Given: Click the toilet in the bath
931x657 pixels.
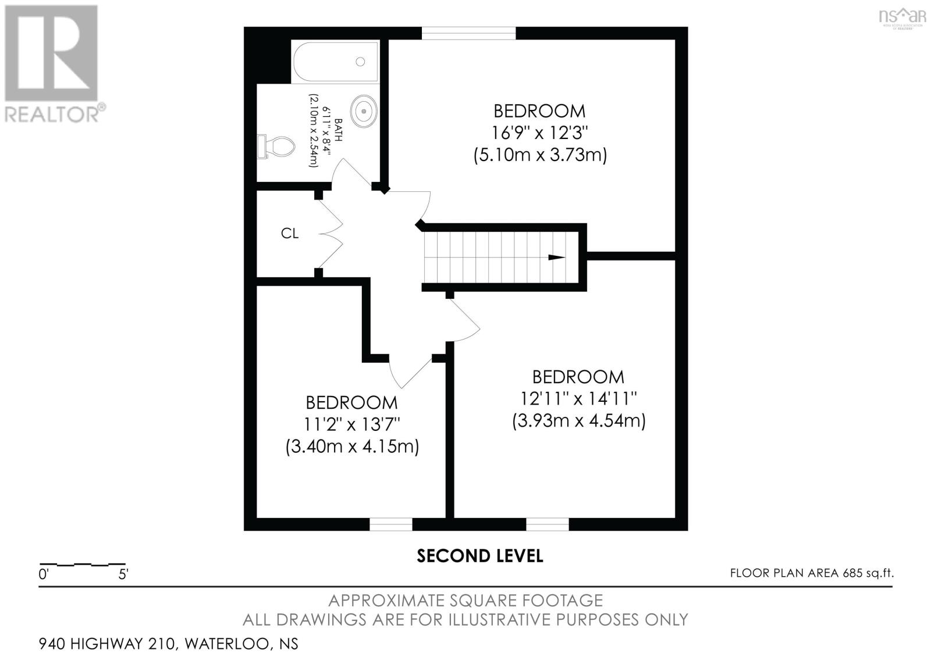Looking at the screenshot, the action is tap(276, 146).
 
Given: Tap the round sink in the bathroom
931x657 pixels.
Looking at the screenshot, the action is tap(364, 111).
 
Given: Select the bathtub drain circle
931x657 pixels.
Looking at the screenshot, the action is tap(360, 62).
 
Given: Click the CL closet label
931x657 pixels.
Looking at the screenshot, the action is tap(290, 233).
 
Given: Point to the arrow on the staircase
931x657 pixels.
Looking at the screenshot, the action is tap(556, 258).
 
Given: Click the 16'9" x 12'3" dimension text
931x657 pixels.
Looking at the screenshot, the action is tap(539, 133).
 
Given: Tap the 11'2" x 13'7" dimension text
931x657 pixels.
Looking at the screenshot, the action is tap(351, 424).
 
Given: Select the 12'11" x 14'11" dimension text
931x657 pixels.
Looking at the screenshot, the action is tap(578, 399).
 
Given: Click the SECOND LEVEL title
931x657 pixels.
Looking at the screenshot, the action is tap(479, 556).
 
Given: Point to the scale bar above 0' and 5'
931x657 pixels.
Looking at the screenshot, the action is tap(82, 565).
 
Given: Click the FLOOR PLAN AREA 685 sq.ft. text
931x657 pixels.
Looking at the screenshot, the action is tap(812, 573).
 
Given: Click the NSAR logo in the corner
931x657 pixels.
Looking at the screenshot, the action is tap(902, 17).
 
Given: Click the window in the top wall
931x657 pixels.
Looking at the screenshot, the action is tap(469, 33).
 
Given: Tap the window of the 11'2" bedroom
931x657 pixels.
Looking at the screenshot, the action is tap(390, 524).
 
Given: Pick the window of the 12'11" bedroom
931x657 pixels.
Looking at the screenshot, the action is tap(548, 524).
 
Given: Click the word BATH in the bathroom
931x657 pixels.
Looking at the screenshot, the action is tap(338, 130).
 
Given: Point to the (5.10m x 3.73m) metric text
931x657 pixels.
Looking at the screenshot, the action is tap(540, 155).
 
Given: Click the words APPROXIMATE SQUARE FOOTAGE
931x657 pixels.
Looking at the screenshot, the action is tap(465, 601).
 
